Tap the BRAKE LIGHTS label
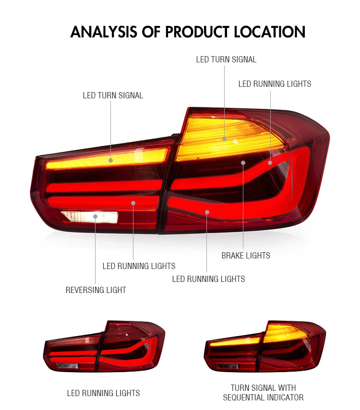[x=246, y=256]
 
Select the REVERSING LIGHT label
[x=96, y=290]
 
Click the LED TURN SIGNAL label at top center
[x=226, y=59]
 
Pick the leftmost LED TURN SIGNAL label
[x=113, y=95]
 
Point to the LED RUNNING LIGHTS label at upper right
[x=275, y=84]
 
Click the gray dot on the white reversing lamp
[x=96, y=216]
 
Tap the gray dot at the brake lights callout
[x=243, y=163]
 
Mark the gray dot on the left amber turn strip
[x=111, y=160]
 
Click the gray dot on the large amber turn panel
[x=224, y=139]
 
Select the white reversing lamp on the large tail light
[x=89, y=217]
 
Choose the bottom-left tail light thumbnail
[x=104, y=346]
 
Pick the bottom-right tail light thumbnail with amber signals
[x=265, y=346]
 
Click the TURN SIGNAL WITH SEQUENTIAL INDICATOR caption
[x=263, y=392]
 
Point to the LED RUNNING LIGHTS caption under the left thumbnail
[x=103, y=393]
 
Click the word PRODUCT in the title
[x=197, y=32]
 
